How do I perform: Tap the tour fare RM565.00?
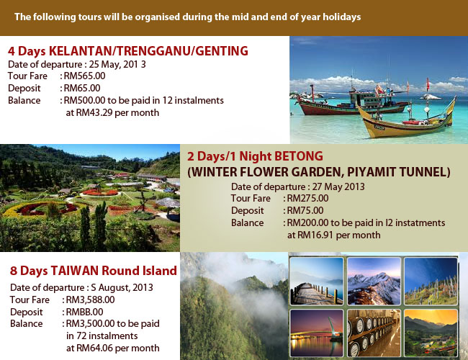click(x=84, y=76)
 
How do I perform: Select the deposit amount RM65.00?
click(x=82, y=88)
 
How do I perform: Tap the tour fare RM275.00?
click(x=307, y=198)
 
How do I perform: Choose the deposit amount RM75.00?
click(x=305, y=210)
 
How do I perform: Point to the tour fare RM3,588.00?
click(x=90, y=300)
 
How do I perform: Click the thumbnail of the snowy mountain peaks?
click(x=374, y=282)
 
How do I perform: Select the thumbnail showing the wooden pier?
click(x=317, y=282)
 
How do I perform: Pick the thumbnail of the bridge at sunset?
click(x=317, y=333)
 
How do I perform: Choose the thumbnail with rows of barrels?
click(x=374, y=333)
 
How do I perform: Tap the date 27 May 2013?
click(x=338, y=187)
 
